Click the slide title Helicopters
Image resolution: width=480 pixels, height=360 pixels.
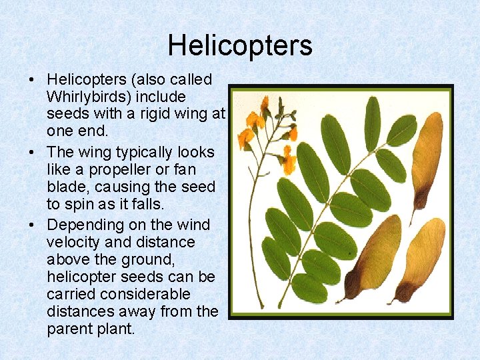(x=240, y=46)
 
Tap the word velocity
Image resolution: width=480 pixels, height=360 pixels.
(x=73, y=242)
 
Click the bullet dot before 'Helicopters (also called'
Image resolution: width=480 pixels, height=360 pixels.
(x=32, y=81)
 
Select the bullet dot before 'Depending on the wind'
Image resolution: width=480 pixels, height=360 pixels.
(x=32, y=225)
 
